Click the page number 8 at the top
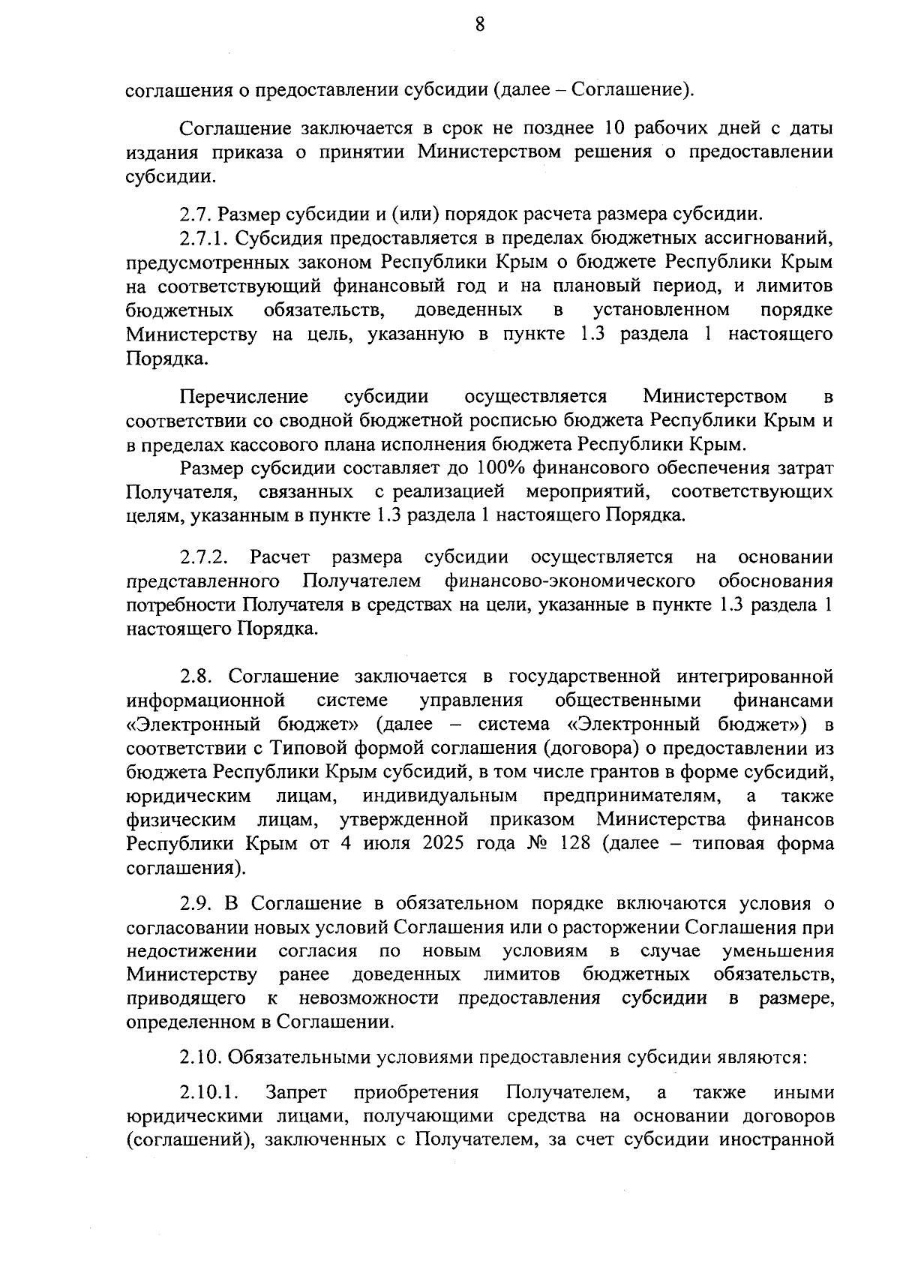pyautogui.click(x=480, y=26)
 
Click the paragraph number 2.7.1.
pyautogui.click(x=205, y=239)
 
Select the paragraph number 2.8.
pyautogui.click(x=196, y=677)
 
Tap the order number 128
pyautogui.click(x=576, y=843)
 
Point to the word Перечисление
pyautogui.click(x=244, y=397)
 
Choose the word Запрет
pyautogui.click(x=292, y=1092)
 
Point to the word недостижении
pyautogui.click(x=191, y=951)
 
